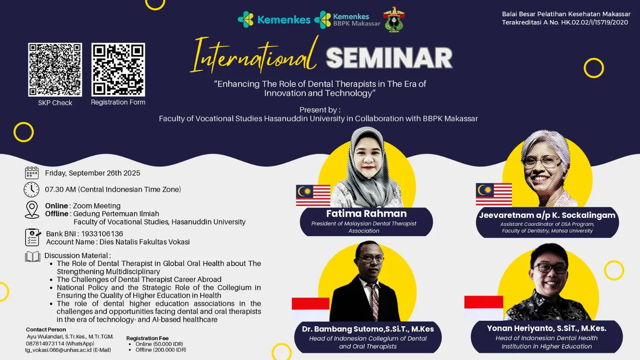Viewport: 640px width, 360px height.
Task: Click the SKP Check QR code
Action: click(x=55, y=70)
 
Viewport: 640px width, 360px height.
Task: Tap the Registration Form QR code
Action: click(x=118, y=70)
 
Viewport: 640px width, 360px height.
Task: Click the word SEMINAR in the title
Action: click(x=389, y=58)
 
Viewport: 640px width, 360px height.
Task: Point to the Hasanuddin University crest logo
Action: click(x=394, y=19)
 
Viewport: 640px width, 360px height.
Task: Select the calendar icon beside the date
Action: click(x=32, y=173)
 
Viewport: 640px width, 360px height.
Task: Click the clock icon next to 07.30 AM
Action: click(x=31, y=189)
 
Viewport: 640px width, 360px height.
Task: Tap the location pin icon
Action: click(x=32, y=210)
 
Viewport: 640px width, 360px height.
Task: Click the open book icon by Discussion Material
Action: click(x=33, y=256)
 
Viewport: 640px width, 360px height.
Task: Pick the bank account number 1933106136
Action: click(x=102, y=234)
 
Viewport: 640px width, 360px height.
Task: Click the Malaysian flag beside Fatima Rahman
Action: click(x=313, y=195)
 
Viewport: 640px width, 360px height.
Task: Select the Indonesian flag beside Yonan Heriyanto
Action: click(x=484, y=308)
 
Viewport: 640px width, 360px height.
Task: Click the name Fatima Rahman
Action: click(x=366, y=214)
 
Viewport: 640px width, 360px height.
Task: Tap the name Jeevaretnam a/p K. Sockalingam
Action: click(x=547, y=215)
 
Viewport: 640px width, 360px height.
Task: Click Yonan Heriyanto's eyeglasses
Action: click(x=549, y=268)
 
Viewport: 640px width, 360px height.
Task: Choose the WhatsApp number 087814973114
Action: click(x=45, y=344)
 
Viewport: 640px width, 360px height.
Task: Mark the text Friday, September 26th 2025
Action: click(x=93, y=173)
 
